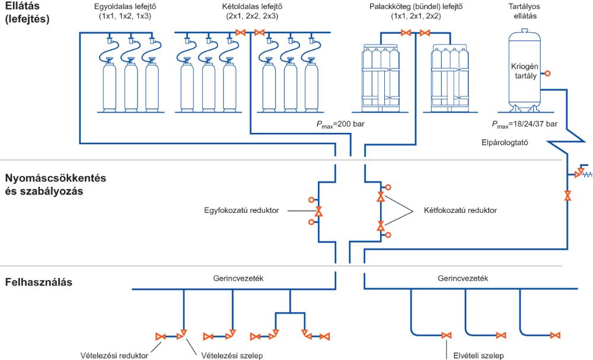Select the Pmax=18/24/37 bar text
click(525, 125)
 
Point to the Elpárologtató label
click(504, 142)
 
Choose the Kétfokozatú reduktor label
click(460, 210)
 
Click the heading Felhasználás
click(39, 282)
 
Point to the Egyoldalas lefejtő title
click(125, 7)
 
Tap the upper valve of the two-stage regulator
click(381, 196)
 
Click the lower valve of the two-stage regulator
click(381, 225)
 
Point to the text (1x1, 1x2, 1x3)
click(125, 16)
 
